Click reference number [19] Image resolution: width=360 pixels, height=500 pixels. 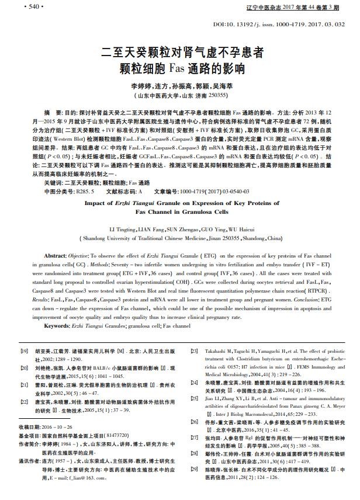pyautogui.click(x=24, y=351)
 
